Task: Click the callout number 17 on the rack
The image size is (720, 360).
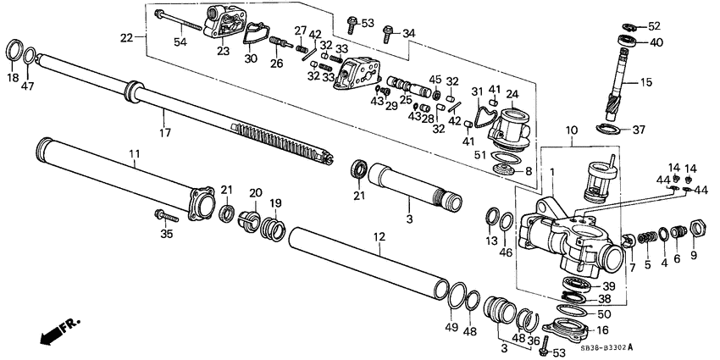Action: coord(165,132)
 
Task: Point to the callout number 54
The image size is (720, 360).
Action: coord(180,42)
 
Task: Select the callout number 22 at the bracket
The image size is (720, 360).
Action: coord(127,38)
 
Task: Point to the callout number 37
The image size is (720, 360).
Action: coord(639,130)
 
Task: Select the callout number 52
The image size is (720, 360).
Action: coord(655,26)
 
